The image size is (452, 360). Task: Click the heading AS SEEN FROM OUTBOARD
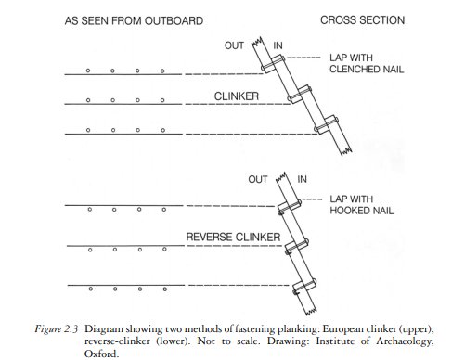(x=134, y=20)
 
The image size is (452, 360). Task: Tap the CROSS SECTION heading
(x=362, y=20)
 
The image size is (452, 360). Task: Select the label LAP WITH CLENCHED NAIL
(x=367, y=63)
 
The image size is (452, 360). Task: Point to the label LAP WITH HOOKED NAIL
(x=361, y=204)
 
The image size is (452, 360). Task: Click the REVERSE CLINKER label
(x=233, y=237)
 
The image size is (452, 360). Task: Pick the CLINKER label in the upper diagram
(x=237, y=96)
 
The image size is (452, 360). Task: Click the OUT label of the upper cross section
(x=234, y=45)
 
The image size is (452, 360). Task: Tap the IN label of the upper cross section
(x=278, y=45)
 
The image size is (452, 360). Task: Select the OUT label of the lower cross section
(x=258, y=179)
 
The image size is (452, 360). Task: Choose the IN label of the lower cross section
(x=302, y=179)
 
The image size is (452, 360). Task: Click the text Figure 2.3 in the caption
(x=56, y=328)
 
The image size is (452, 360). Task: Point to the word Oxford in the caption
(x=101, y=354)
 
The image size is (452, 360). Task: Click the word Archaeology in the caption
(x=405, y=341)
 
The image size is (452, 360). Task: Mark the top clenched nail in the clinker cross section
(x=273, y=63)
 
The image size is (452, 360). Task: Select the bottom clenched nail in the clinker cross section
(x=327, y=124)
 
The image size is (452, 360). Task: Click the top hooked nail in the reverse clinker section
(x=290, y=207)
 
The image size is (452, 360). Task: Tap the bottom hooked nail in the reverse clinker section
(x=304, y=286)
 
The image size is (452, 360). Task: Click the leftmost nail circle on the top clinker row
(x=88, y=71)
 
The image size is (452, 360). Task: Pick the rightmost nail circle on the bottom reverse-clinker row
(x=165, y=289)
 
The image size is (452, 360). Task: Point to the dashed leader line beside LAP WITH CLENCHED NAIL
(x=303, y=58)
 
